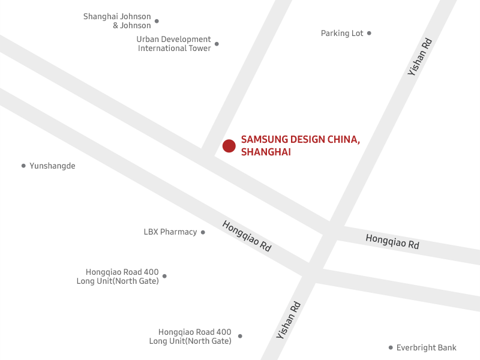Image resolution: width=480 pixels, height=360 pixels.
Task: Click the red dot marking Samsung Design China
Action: click(x=229, y=146)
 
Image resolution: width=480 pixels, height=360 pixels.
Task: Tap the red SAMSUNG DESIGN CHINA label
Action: click(x=300, y=139)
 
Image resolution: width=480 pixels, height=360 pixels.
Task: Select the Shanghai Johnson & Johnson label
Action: click(x=117, y=21)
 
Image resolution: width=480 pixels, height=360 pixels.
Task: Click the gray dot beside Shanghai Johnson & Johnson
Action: click(x=157, y=21)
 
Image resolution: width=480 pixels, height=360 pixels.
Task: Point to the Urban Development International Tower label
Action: click(x=174, y=44)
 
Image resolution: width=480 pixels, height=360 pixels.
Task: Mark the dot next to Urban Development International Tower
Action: click(x=217, y=44)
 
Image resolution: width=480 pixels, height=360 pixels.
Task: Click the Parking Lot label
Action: click(x=342, y=34)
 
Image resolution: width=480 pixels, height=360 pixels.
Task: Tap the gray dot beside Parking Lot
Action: click(x=369, y=33)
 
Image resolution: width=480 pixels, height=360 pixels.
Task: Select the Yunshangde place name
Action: click(x=52, y=166)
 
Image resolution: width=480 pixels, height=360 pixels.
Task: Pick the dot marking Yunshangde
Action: click(x=23, y=166)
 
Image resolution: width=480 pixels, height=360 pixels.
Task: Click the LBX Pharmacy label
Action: click(x=170, y=232)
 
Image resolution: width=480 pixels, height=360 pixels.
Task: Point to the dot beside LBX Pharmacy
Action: click(x=203, y=232)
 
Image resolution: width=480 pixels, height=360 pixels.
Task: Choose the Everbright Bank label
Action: click(x=426, y=347)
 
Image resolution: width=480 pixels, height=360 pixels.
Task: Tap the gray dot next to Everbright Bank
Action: click(x=391, y=347)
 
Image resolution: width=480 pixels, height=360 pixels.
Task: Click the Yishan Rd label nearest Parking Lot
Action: click(x=420, y=56)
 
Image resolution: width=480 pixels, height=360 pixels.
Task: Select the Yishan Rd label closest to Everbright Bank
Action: click(x=289, y=320)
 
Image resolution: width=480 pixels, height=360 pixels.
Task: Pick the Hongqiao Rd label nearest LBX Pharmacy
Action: click(x=247, y=236)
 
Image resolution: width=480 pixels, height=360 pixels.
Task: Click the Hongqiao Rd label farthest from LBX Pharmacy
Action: click(x=392, y=242)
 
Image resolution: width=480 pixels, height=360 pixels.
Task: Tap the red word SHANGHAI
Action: click(x=266, y=152)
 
